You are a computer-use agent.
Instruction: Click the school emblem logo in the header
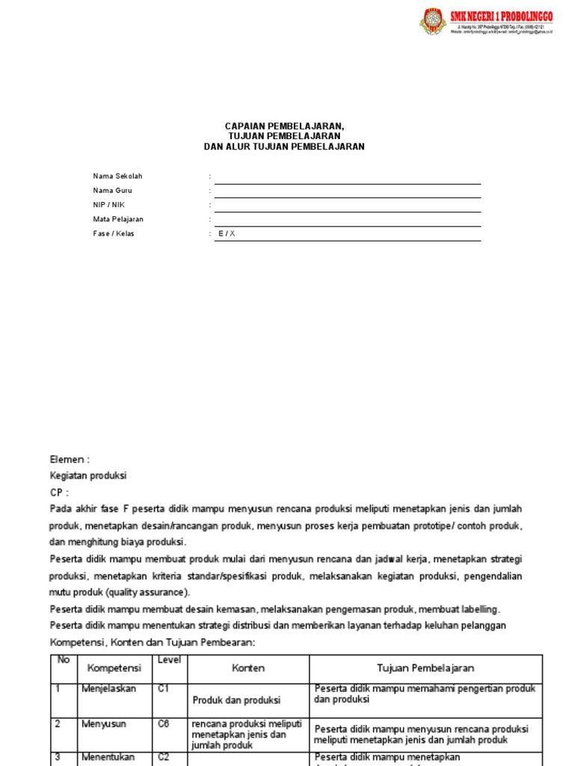[x=433, y=22]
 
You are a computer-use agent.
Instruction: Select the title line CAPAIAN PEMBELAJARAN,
[x=285, y=127]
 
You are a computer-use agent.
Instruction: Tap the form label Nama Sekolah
[x=117, y=177]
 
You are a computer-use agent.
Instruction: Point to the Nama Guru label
[x=113, y=191]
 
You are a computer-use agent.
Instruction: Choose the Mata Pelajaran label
[x=118, y=219]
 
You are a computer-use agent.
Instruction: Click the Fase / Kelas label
[x=114, y=233]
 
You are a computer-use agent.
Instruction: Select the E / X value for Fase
[x=226, y=233]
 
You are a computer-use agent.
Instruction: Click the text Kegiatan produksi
[x=88, y=475]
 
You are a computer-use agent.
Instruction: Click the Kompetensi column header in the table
[x=114, y=668]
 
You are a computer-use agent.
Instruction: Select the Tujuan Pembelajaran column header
[x=425, y=668]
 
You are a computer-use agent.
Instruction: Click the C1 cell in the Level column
[x=164, y=689]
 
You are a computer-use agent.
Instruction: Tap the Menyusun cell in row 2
[x=104, y=724]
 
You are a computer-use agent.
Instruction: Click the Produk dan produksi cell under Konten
[x=236, y=700]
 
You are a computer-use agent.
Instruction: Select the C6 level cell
[x=164, y=724]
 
